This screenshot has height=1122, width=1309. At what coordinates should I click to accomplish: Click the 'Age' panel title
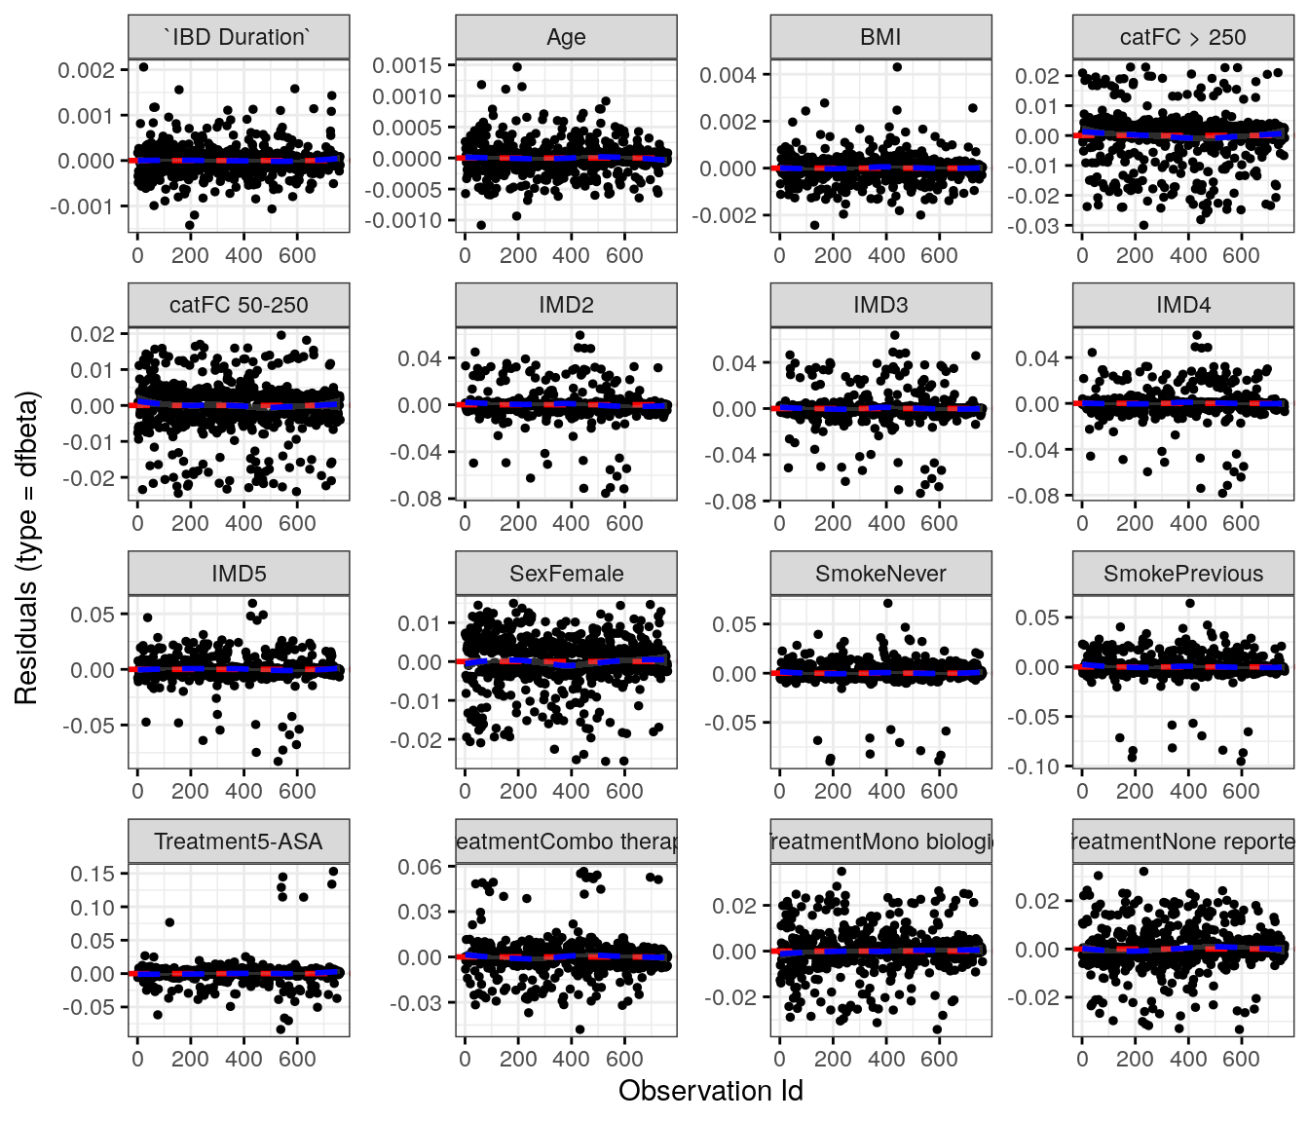pyautogui.click(x=566, y=38)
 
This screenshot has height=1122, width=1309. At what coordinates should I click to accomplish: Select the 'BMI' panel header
pyautogui.click(x=880, y=38)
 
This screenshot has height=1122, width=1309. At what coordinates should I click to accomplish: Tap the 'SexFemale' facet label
pyautogui.click(x=566, y=574)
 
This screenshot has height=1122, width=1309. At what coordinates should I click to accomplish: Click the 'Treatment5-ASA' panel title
pyautogui.click(x=239, y=841)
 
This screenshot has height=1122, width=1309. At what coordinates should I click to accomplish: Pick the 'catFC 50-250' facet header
pyautogui.click(x=239, y=306)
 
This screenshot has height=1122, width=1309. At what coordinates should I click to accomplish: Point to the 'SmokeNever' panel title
pyautogui.click(x=880, y=574)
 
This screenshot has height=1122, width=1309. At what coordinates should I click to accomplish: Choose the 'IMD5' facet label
pyautogui.click(x=239, y=574)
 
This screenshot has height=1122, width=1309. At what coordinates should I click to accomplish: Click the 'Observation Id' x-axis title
pyautogui.click(x=710, y=1091)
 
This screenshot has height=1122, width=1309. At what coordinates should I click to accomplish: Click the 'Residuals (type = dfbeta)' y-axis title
pyautogui.click(x=26, y=547)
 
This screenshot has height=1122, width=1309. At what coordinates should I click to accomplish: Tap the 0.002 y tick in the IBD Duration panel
pyautogui.click(x=86, y=70)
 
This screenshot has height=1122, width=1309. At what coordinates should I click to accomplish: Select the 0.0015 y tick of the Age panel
pyautogui.click(x=407, y=65)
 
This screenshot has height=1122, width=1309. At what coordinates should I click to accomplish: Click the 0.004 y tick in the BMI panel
pyautogui.click(x=728, y=75)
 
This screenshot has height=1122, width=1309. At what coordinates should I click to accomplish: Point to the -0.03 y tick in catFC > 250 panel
pyautogui.click(x=1037, y=225)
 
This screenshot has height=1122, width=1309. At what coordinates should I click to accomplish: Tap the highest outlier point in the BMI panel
pyautogui.click(x=897, y=67)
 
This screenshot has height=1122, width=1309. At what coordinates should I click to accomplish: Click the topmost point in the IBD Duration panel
pyautogui.click(x=143, y=67)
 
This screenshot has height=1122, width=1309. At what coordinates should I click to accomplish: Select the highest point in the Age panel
pyautogui.click(x=517, y=67)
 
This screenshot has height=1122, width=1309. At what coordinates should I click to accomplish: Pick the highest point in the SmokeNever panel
pyautogui.click(x=887, y=604)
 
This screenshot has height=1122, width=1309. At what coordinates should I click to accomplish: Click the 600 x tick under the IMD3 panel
pyautogui.click(x=939, y=523)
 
